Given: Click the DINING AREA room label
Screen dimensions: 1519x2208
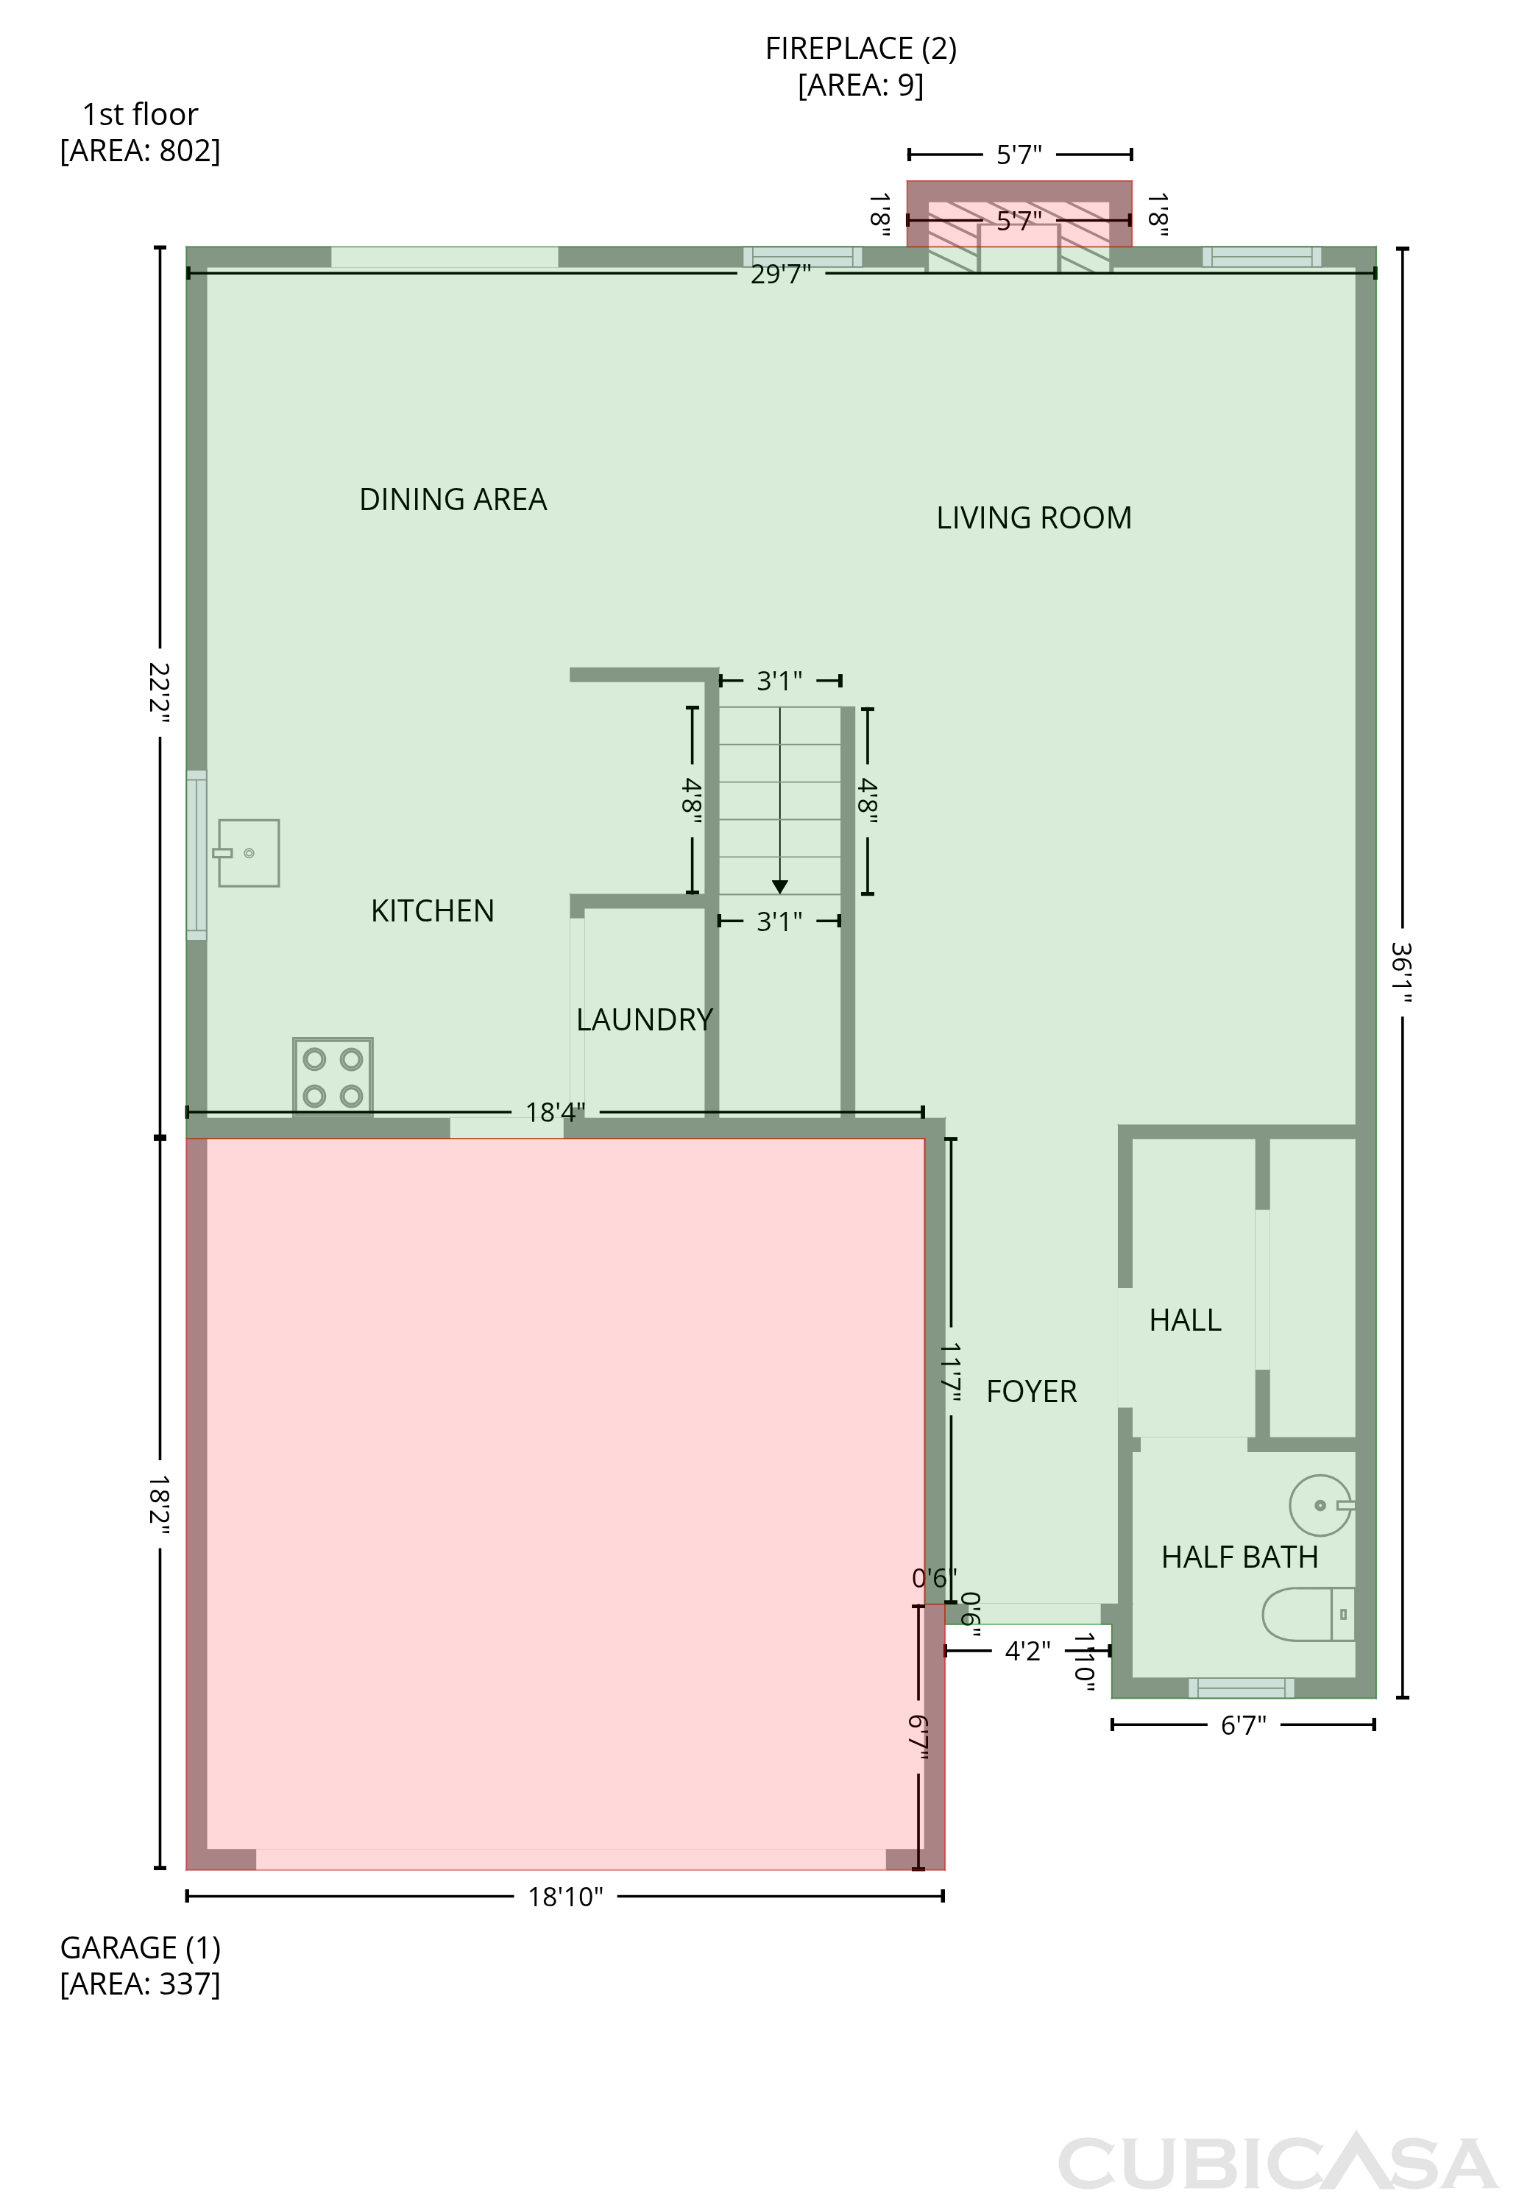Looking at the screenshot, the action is (x=453, y=500).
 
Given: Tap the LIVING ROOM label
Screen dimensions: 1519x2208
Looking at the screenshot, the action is (x=1035, y=517).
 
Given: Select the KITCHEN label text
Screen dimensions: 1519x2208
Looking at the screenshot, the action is (x=433, y=911).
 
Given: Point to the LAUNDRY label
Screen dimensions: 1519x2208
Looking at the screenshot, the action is (x=645, y=1019).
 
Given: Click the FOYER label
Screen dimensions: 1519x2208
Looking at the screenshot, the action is (x=1032, y=1392).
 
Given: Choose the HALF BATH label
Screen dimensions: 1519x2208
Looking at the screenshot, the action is (x=1240, y=1557).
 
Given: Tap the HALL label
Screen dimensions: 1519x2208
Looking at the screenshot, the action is (x=1185, y=1320).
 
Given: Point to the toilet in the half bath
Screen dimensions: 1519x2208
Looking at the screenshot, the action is (x=1309, y=1614).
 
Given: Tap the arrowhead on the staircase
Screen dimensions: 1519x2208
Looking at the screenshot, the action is (x=779, y=887).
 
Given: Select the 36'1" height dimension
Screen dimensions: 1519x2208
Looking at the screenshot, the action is (x=1401, y=973).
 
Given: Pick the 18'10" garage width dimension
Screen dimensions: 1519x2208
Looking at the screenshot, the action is (x=565, y=1897).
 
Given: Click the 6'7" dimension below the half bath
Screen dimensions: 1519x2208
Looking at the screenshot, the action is (x=1243, y=1725).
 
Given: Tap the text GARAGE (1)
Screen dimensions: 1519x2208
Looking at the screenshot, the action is (x=141, y=1948).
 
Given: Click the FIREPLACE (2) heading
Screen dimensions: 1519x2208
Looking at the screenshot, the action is (x=861, y=49).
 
